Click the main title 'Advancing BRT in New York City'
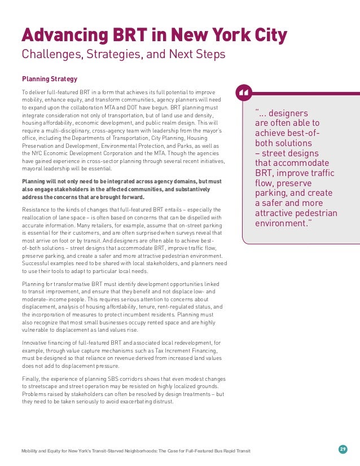[154, 35]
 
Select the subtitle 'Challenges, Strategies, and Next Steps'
[123, 55]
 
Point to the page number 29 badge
[343, 449]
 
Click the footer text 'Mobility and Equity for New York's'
[62, 451]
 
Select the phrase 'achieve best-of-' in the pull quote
[288, 133]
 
